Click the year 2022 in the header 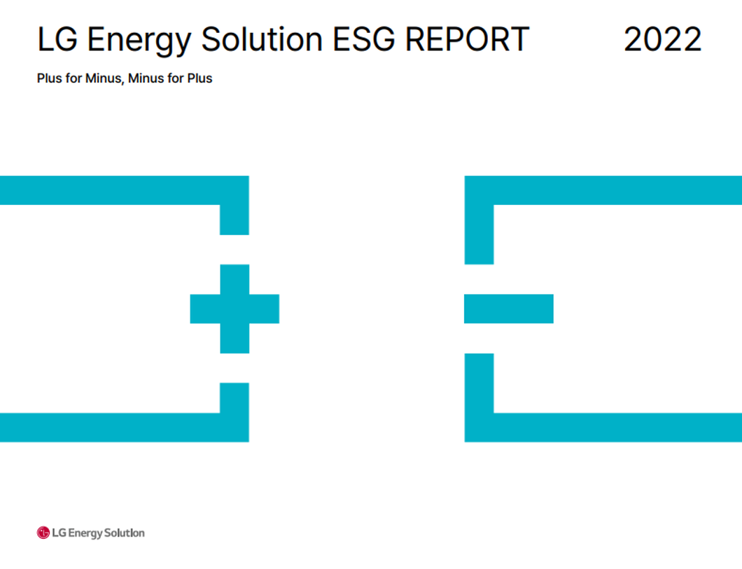pyautogui.click(x=662, y=39)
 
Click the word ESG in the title pyautogui.click(x=363, y=39)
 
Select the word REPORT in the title pyautogui.click(x=467, y=39)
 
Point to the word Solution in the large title pyautogui.click(x=262, y=39)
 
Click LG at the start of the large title pyautogui.click(x=57, y=39)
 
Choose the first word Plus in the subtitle pyautogui.click(x=50, y=78)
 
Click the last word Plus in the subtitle pyautogui.click(x=199, y=78)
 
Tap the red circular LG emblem pyautogui.click(x=43, y=533)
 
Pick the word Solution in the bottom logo pyautogui.click(x=125, y=533)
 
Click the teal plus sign pyautogui.click(x=234, y=309)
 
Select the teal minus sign pyautogui.click(x=509, y=309)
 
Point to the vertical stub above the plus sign pyautogui.click(x=234, y=220)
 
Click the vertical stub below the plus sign pyautogui.click(x=234, y=398)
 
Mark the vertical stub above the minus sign pyautogui.click(x=479, y=234)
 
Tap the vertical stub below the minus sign pyautogui.click(x=479, y=383)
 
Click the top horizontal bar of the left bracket pyautogui.click(x=125, y=190)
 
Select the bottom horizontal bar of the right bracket pyautogui.click(x=603, y=428)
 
